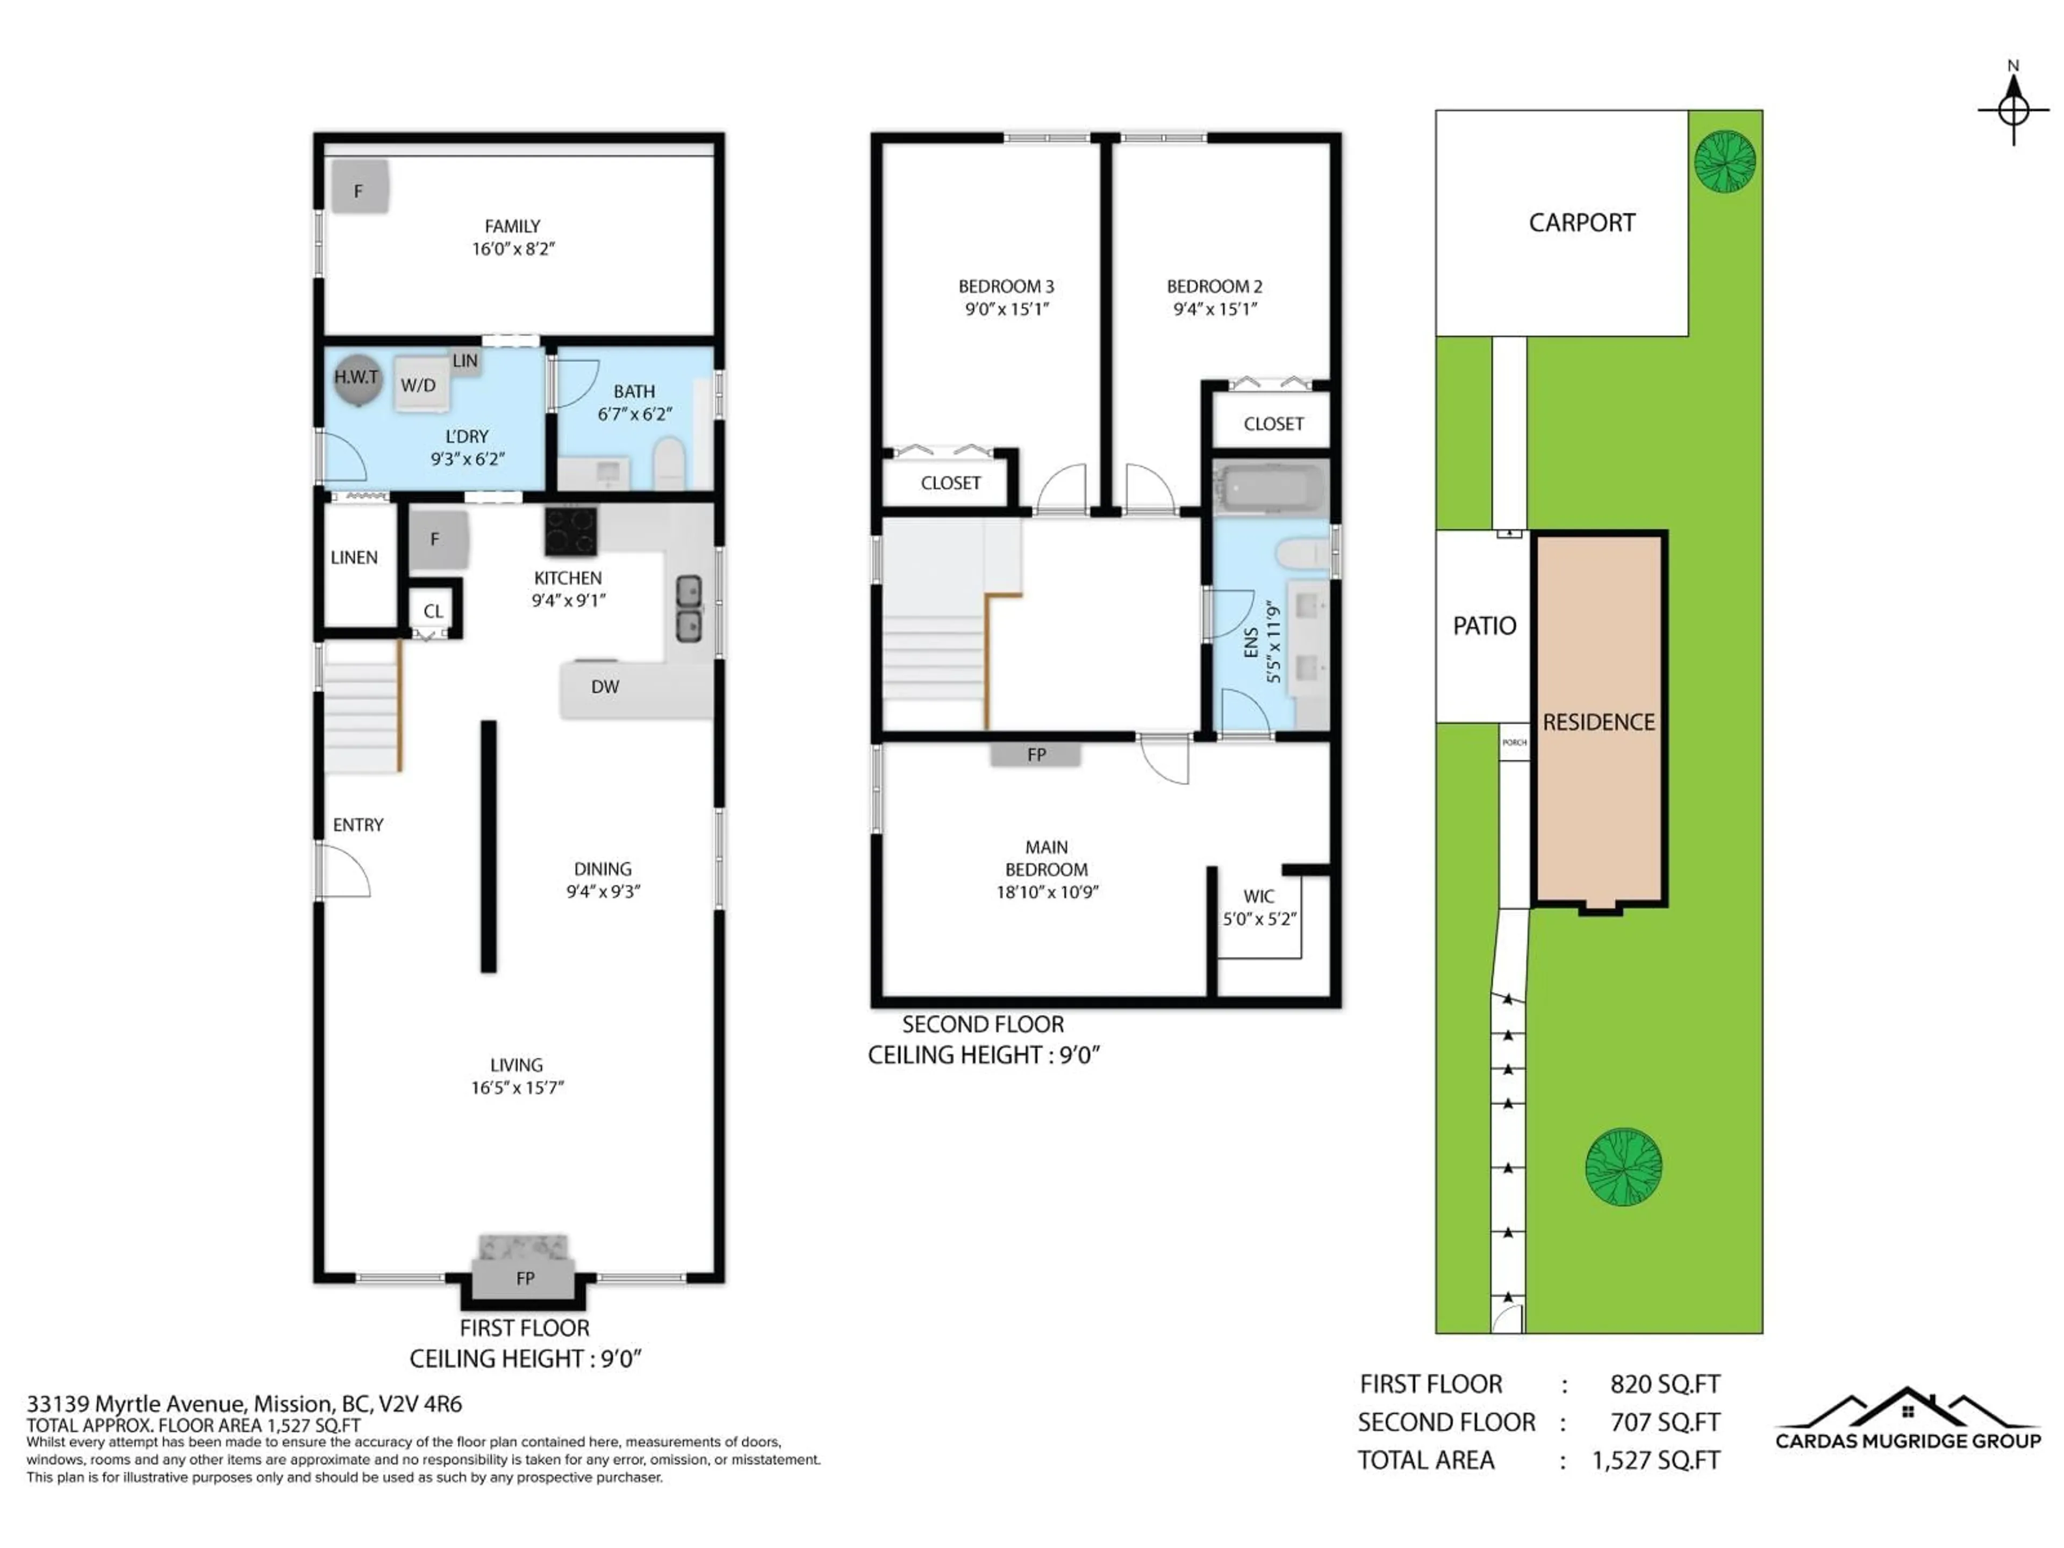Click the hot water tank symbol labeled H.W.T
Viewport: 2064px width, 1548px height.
357,379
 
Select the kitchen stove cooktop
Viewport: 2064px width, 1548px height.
570,531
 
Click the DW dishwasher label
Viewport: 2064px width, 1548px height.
605,687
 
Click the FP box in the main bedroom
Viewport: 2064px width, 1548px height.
1036,754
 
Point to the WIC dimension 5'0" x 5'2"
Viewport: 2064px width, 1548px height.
1260,919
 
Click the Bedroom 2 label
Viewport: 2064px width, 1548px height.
1214,286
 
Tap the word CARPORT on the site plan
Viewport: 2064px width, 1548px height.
1581,223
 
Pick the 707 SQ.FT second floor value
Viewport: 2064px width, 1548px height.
1665,1422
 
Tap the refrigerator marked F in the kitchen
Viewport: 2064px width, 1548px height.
436,539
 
